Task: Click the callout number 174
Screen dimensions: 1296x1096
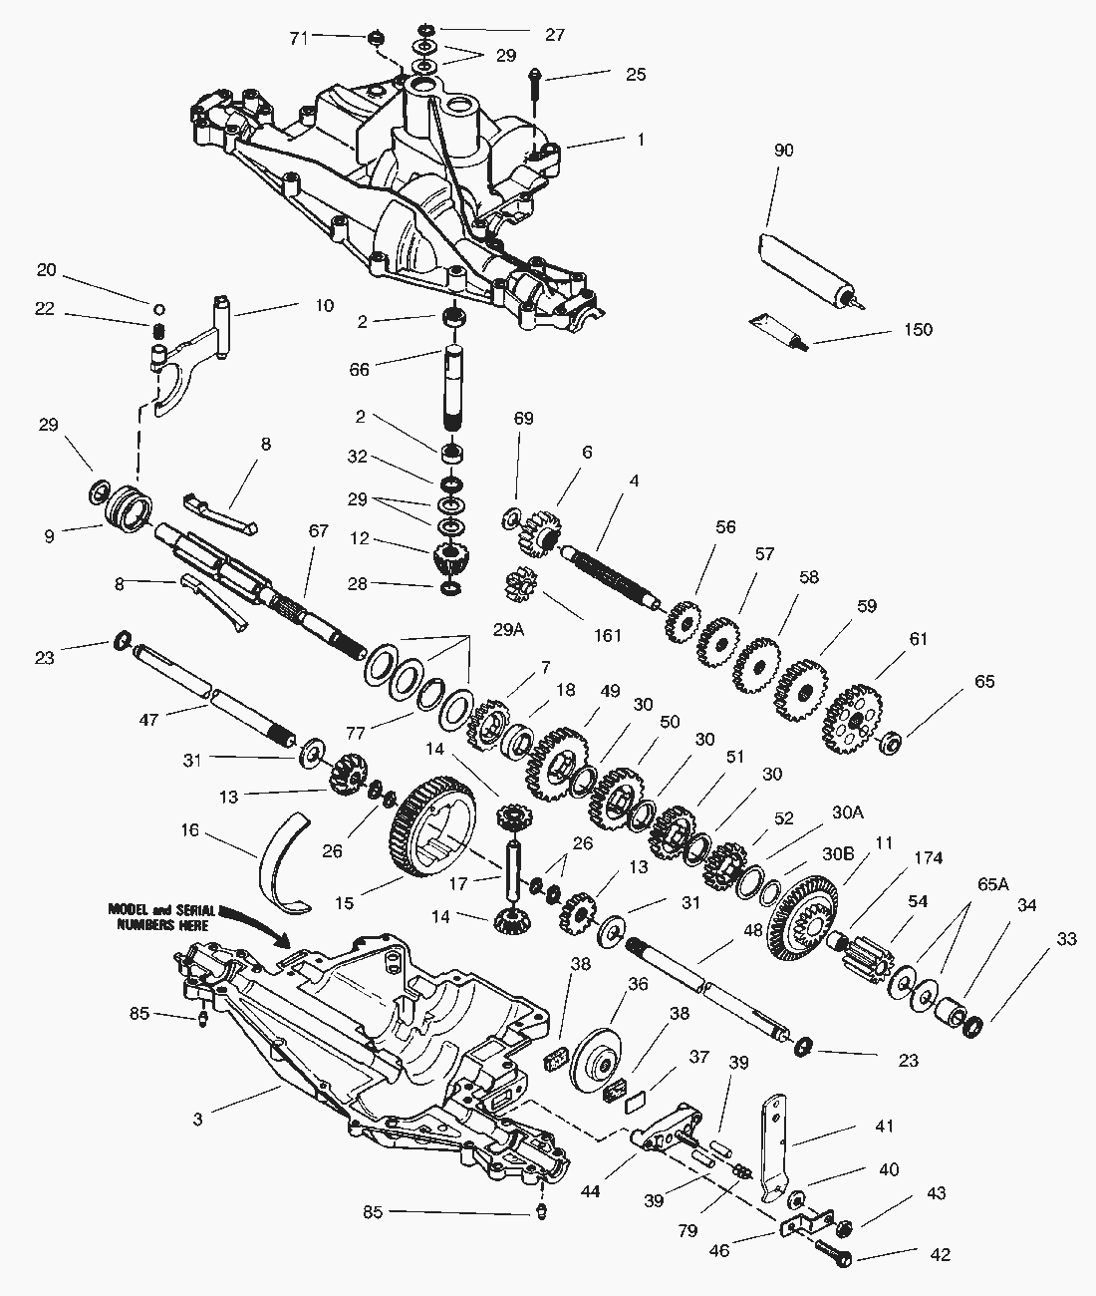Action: [x=928, y=857]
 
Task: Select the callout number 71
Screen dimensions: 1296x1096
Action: [x=299, y=38]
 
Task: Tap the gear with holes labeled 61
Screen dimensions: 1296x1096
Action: [x=855, y=717]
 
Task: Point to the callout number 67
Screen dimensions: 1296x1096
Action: [x=318, y=531]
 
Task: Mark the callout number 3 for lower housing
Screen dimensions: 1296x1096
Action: [x=198, y=1120]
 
